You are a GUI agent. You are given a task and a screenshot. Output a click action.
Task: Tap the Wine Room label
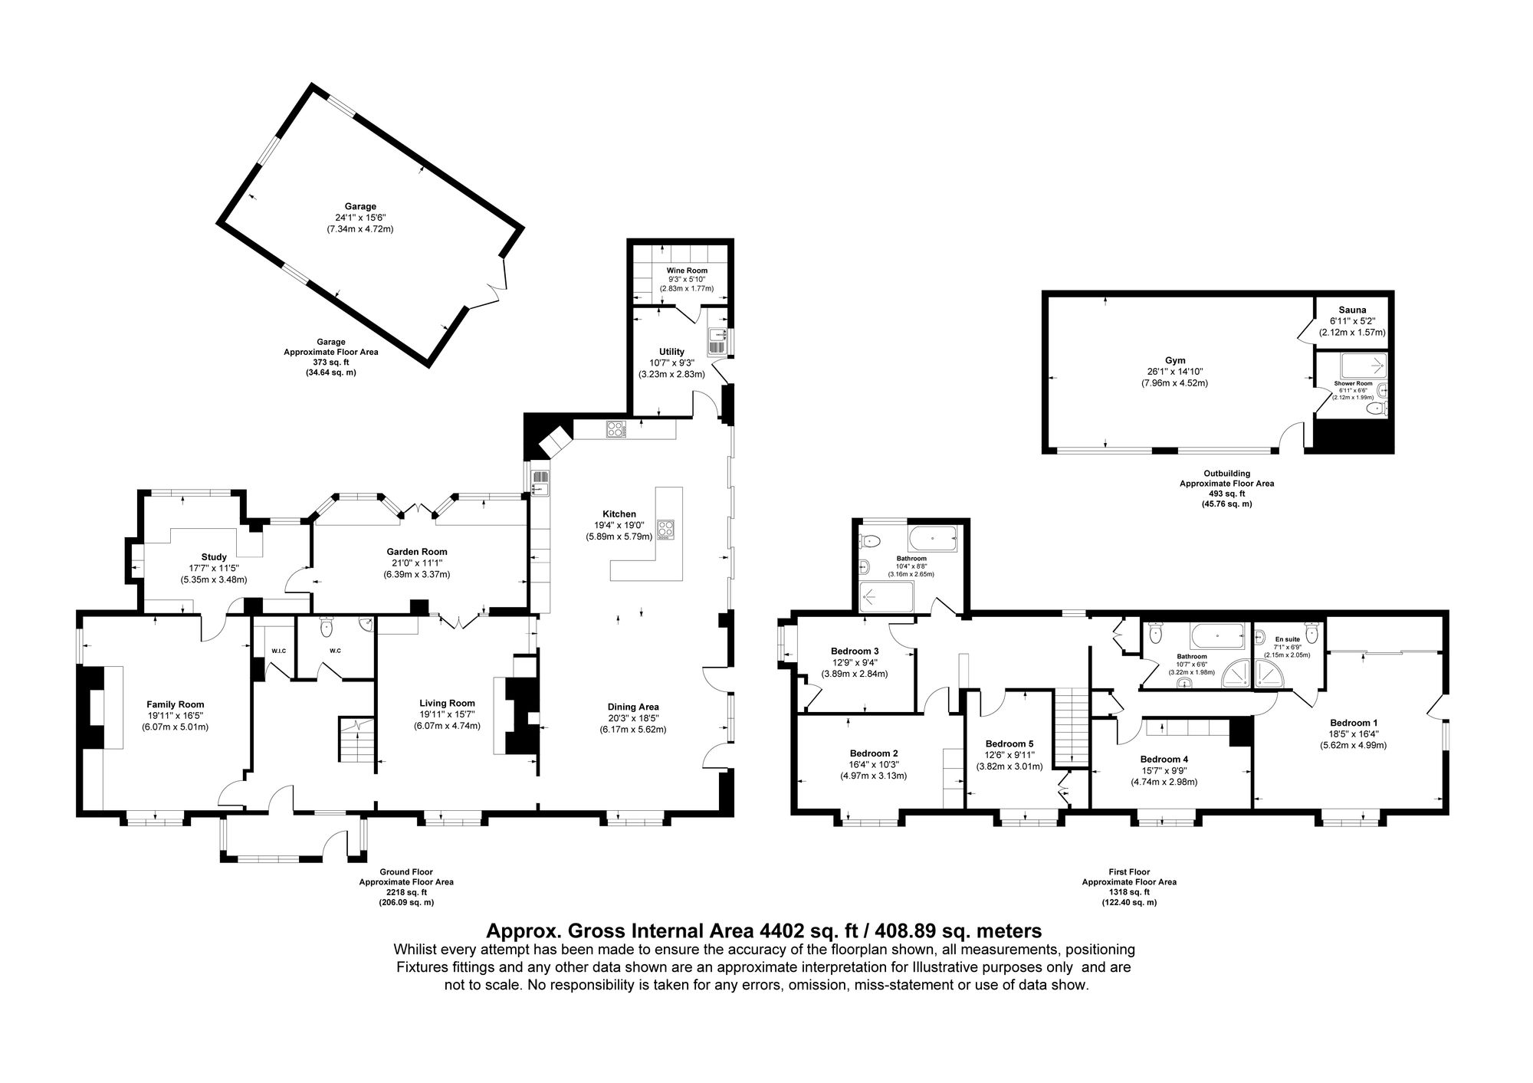click(686, 271)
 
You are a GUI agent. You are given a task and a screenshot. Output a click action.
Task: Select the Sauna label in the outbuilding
click(1352, 309)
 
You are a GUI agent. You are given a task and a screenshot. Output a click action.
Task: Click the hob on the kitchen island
click(665, 529)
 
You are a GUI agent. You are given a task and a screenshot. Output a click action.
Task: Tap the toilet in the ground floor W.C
click(327, 627)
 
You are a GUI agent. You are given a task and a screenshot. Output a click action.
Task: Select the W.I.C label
click(278, 651)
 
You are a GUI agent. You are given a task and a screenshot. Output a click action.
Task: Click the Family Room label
click(176, 704)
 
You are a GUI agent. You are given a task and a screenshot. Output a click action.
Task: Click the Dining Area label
click(633, 707)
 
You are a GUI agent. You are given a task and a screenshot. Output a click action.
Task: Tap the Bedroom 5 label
click(1009, 743)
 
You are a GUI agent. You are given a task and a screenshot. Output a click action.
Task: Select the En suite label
click(1288, 638)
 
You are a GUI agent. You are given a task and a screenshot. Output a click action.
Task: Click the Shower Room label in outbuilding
click(1353, 383)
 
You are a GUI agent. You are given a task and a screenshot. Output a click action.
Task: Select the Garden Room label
click(416, 552)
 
